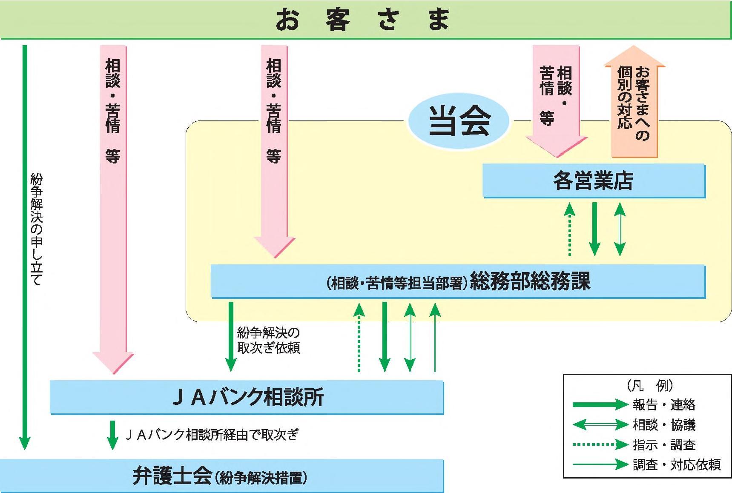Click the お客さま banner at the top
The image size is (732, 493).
pyautogui.click(x=365, y=20)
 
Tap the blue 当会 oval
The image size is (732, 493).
pyautogui.click(x=459, y=121)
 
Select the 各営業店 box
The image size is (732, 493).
pyautogui.click(x=594, y=181)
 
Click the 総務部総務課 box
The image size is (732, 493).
pyautogui.click(x=458, y=281)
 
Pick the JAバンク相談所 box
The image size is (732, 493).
pyautogui.click(x=247, y=397)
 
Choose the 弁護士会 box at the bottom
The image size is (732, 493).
pyautogui.click(x=221, y=476)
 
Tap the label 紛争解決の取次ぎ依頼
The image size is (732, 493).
pyautogui.click(x=268, y=340)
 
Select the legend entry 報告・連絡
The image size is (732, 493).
pyautogui.click(x=664, y=404)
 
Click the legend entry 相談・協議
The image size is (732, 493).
pyautogui.click(x=664, y=424)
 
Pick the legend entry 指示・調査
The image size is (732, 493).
pyautogui.click(x=664, y=445)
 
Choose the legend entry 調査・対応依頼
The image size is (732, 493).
pyautogui.click(x=676, y=464)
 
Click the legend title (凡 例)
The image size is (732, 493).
pyautogui.click(x=650, y=386)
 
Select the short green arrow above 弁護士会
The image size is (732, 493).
pyautogui.click(x=112, y=435)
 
